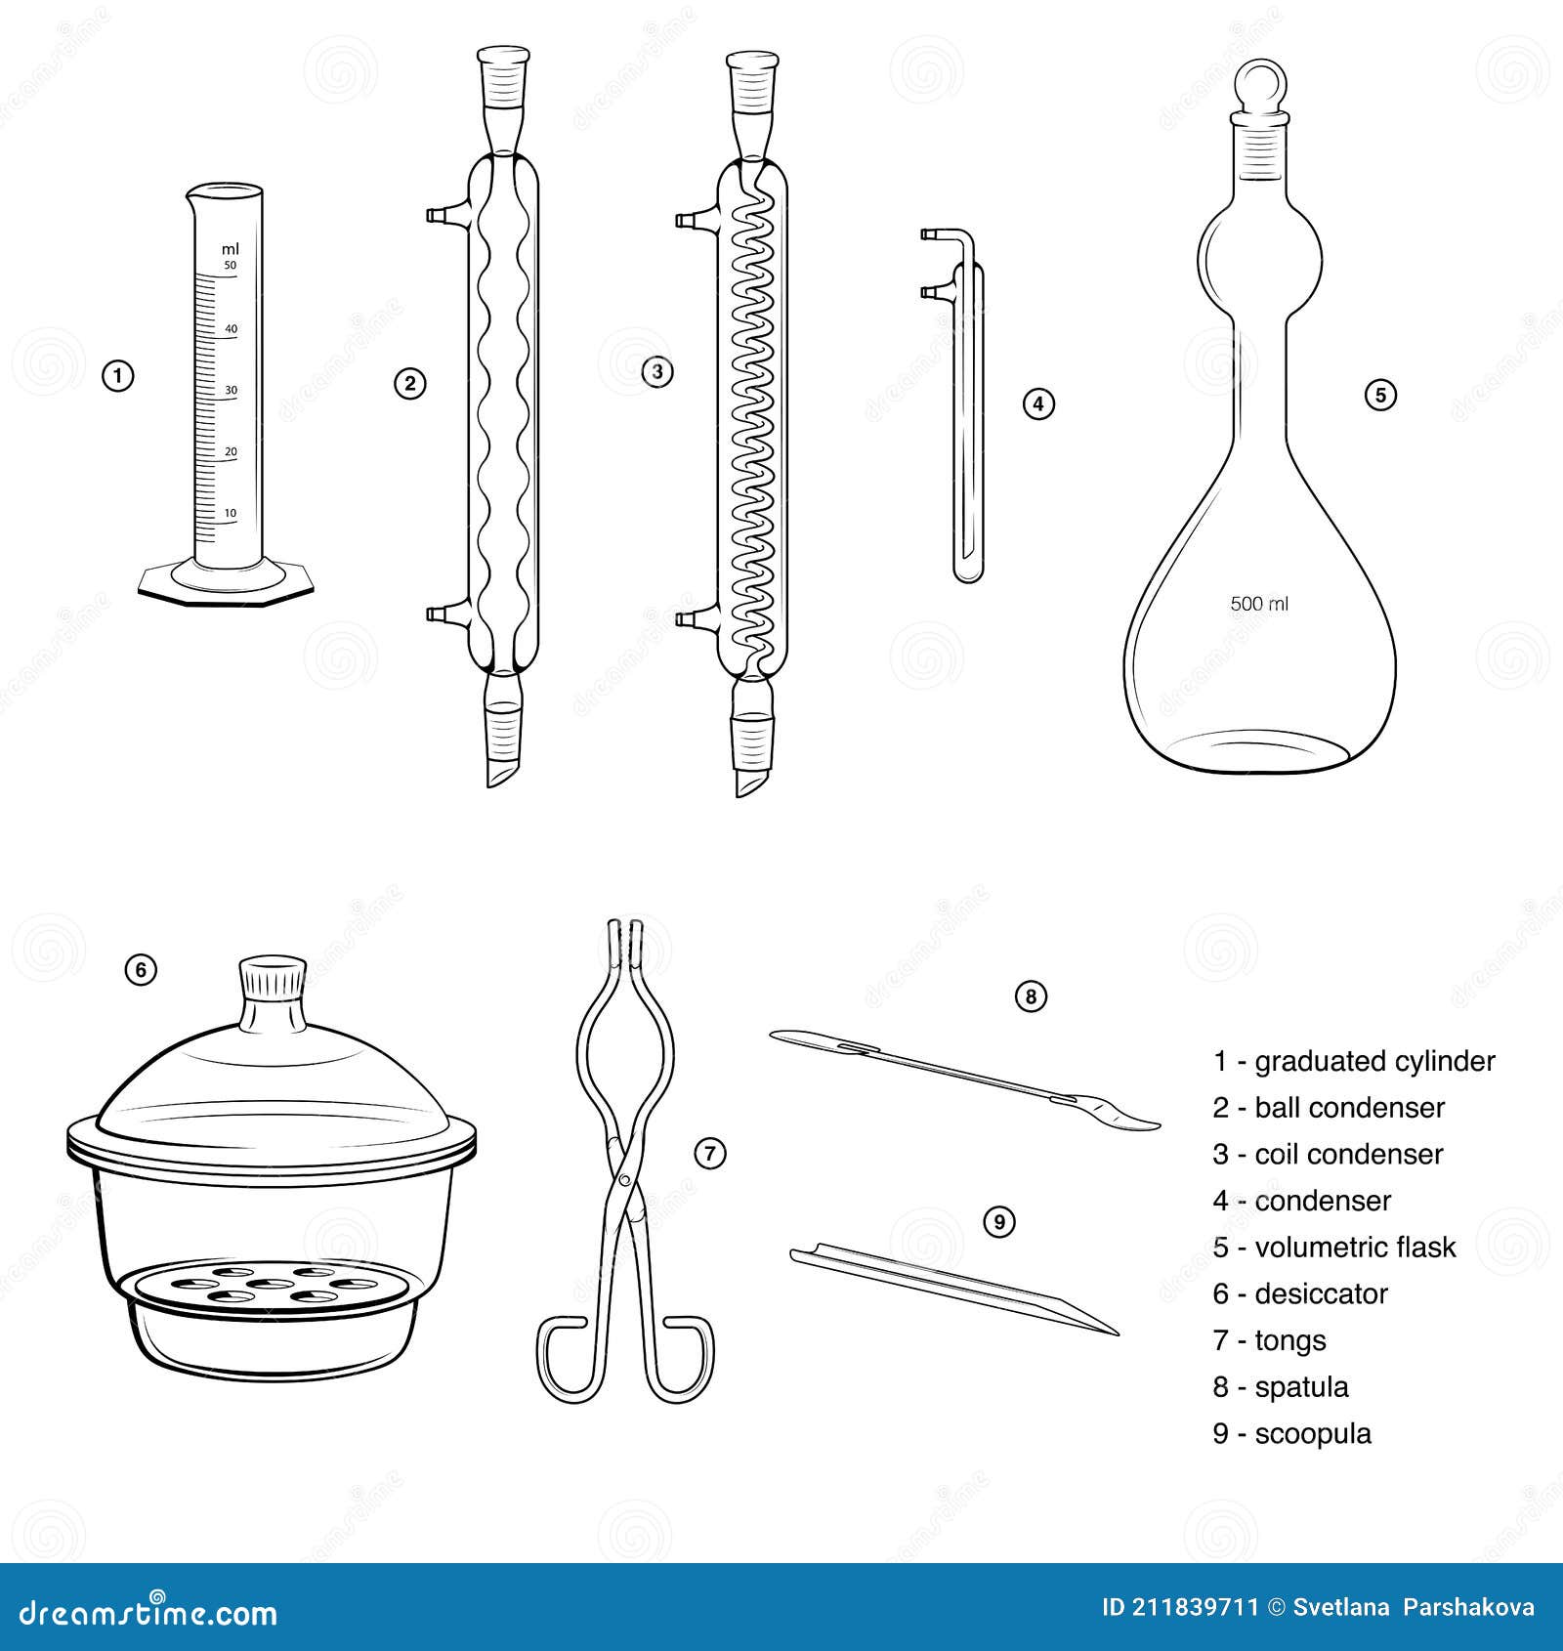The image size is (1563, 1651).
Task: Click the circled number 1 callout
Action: click(118, 376)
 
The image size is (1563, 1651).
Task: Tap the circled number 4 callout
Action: click(1038, 403)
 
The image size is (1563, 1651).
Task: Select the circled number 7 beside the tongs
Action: click(710, 1153)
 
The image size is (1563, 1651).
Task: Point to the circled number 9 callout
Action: click(998, 1221)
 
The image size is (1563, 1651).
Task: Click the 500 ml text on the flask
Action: click(1259, 604)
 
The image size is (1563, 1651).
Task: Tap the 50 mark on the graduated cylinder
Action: click(231, 266)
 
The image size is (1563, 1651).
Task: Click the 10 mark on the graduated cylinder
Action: click(231, 513)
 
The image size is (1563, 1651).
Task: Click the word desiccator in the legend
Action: click(1321, 1293)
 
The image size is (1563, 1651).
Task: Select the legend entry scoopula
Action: click(1313, 1433)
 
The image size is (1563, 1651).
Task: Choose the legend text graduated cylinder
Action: click(1373, 1061)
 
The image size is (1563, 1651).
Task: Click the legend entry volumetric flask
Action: click(1354, 1247)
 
